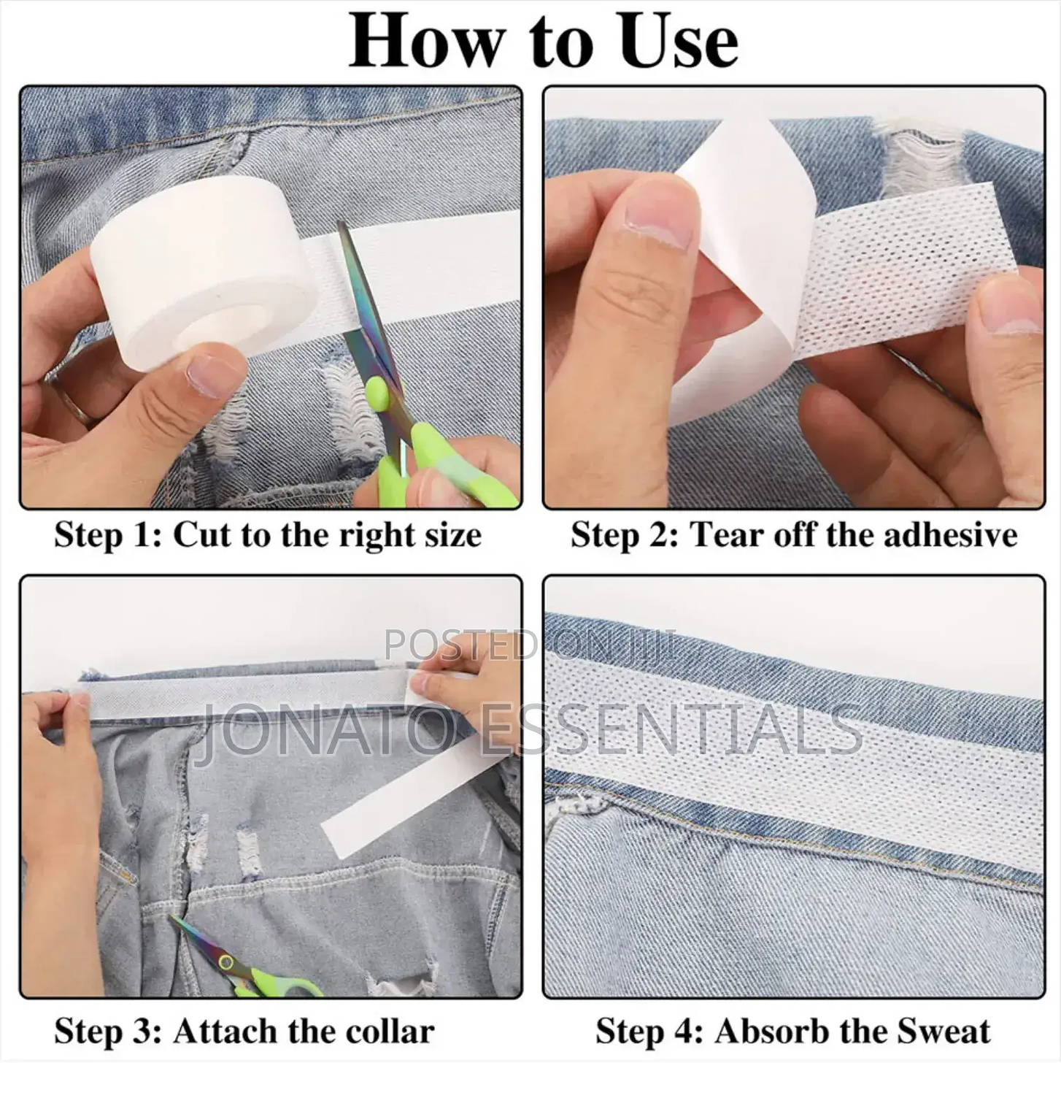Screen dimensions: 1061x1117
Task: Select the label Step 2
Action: (x=625, y=535)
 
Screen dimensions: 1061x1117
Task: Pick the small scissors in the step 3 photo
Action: (x=241, y=957)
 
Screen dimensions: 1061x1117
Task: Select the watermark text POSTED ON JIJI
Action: (x=530, y=644)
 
